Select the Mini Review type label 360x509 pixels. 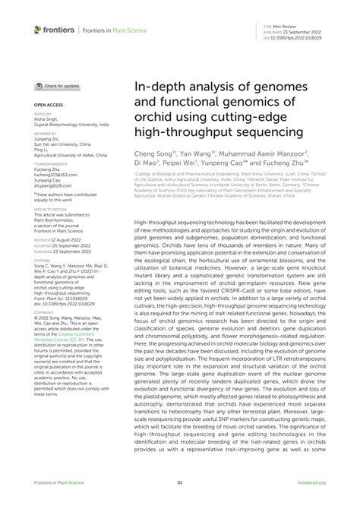point(310,26)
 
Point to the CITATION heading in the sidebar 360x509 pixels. point(43,258)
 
